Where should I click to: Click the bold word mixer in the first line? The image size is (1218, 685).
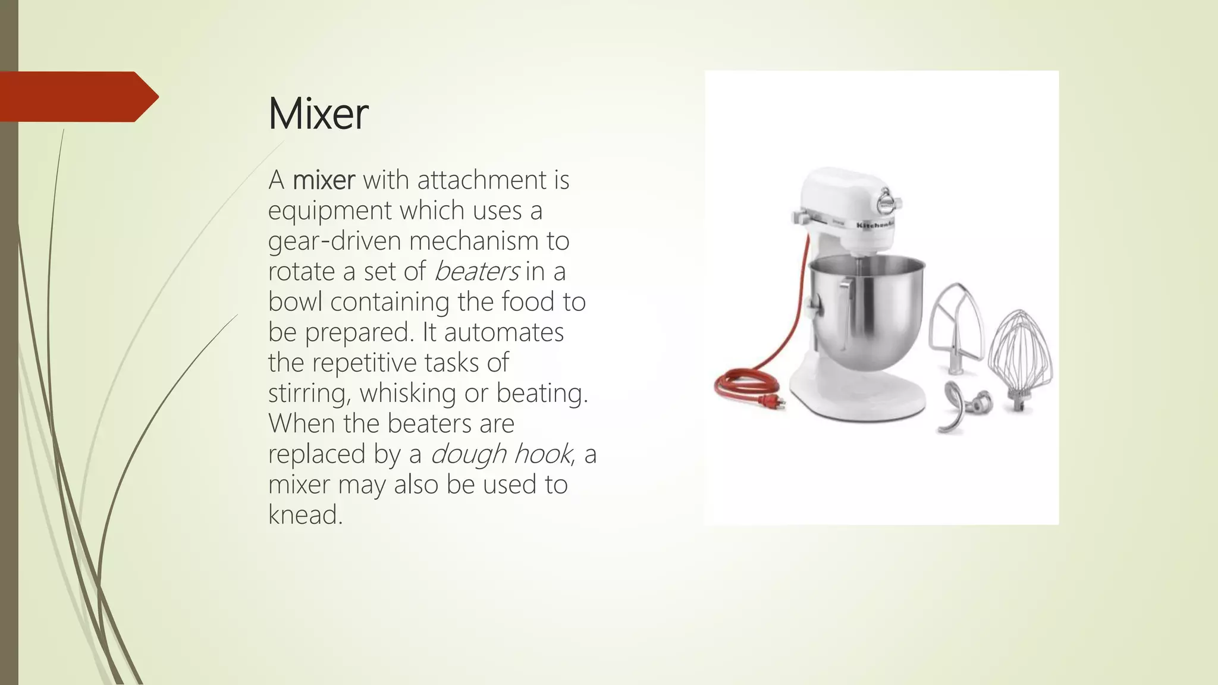tap(324, 180)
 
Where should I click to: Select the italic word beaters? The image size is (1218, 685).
tap(477, 272)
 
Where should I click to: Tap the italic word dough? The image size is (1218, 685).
tap(467, 454)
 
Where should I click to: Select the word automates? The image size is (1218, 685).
tap(504, 332)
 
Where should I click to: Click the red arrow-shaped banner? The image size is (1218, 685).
tap(77, 96)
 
